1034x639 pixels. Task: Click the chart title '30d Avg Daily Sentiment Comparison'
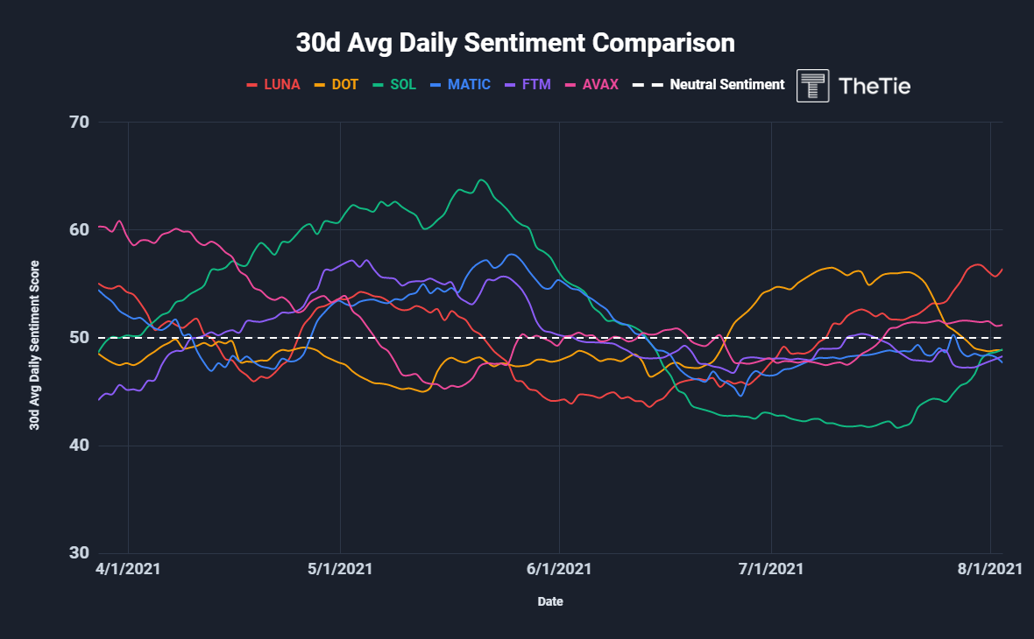click(x=515, y=42)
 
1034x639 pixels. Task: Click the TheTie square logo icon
click(x=812, y=86)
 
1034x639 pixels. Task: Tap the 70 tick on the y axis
click(x=79, y=122)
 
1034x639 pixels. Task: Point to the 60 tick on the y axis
click(x=79, y=229)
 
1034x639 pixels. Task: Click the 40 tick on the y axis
click(x=79, y=446)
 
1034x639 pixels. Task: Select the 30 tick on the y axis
click(x=79, y=553)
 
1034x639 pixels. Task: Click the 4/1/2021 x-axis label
click(x=129, y=568)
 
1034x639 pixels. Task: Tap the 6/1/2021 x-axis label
click(x=560, y=568)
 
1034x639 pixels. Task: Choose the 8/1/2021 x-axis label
click(x=990, y=568)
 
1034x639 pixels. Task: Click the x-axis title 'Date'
click(x=550, y=602)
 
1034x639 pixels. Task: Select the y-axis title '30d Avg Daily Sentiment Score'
click(x=34, y=345)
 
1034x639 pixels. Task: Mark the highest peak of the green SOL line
click(x=481, y=180)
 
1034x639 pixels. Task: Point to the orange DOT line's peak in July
click(x=829, y=267)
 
